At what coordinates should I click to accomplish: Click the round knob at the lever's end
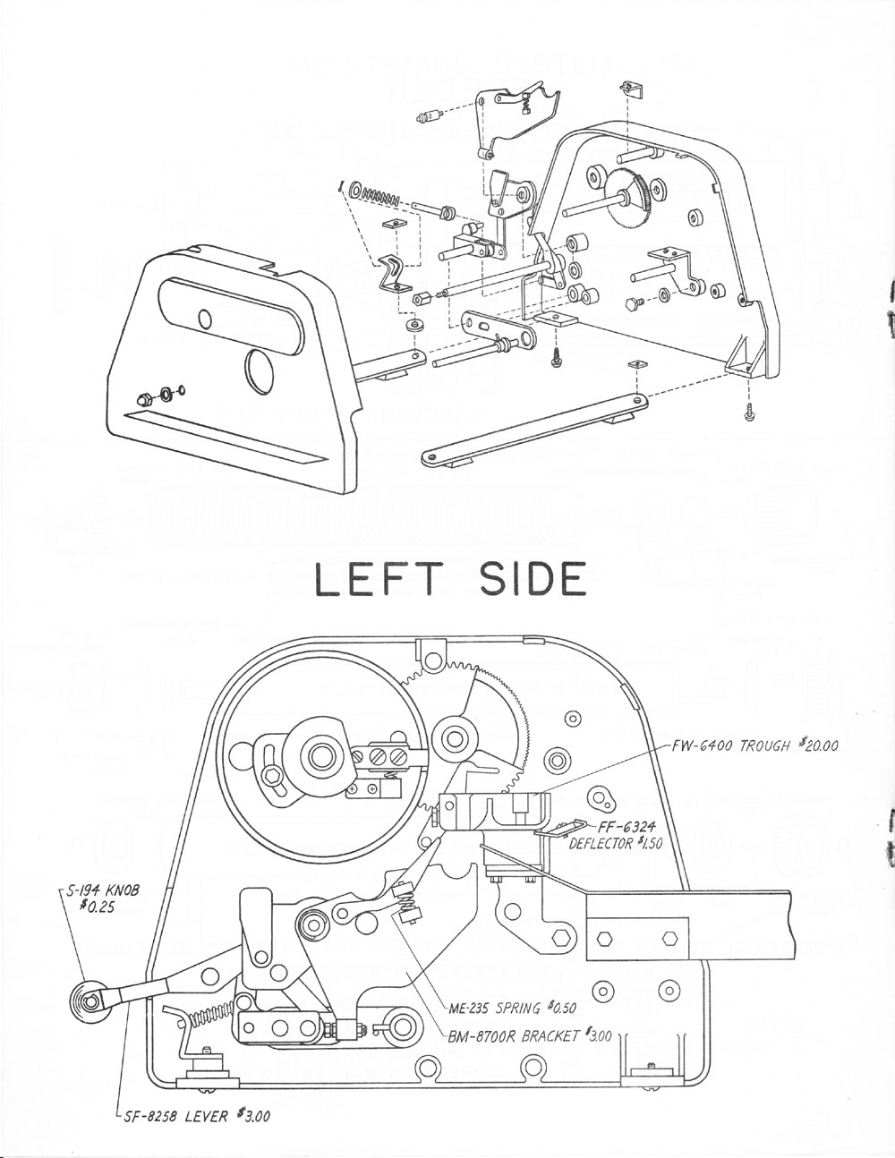tap(85, 996)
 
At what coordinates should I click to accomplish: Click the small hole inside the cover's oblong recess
tap(204, 318)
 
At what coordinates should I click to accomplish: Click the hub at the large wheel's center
tap(318, 757)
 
